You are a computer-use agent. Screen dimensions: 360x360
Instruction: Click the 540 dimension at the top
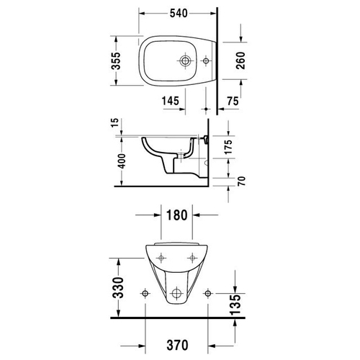coord(179,14)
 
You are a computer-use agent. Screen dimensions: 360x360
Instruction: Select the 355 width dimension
coord(116,61)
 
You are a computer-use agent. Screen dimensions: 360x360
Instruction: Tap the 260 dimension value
coord(240,60)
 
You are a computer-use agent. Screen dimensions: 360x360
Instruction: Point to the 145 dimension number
coord(171,101)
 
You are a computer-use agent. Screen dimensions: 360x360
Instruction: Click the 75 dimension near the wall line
coord(233,101)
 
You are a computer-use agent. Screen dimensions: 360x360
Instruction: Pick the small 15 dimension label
coord(115,122)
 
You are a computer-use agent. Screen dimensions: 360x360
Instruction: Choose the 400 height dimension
coord(122,161)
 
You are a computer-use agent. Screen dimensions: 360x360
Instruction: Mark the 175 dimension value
coord(229,147)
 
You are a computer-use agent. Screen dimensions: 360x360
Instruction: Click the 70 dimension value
coord(242,181)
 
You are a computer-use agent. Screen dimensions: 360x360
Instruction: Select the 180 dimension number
coord(176,215)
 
